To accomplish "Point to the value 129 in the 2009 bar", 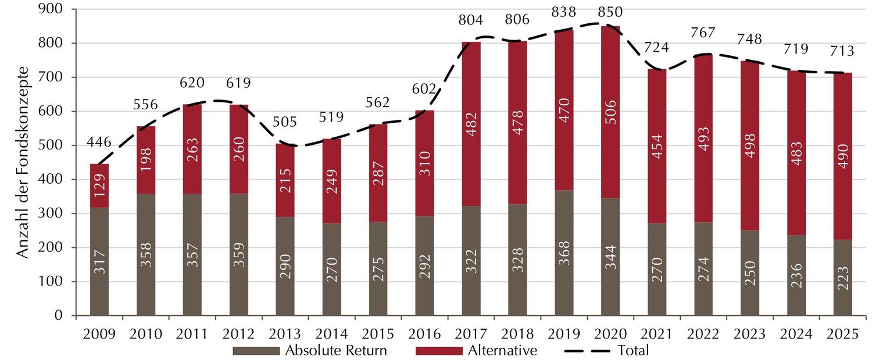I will click(99, 187).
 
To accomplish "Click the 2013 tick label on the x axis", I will click(285, 336).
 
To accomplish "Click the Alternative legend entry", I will click(501, 351).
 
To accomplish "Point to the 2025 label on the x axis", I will click(842, 336).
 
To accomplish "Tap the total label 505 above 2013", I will click(285, 122).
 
